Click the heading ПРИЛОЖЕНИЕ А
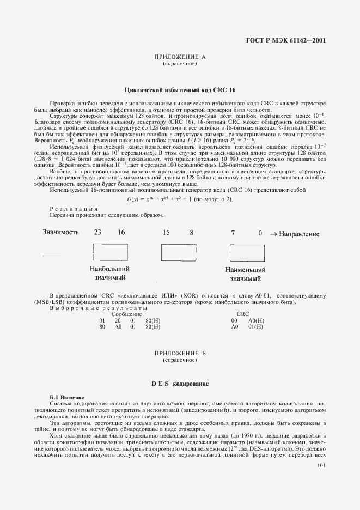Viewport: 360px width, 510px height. coord(179,57)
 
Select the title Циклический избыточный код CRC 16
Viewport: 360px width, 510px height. coord(180,89)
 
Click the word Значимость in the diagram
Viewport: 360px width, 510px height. coord(61,233)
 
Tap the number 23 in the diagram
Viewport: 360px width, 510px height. coord(97,233)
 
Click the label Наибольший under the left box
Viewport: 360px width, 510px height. coord(109,269)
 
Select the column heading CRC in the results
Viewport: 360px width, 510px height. coord(243,314)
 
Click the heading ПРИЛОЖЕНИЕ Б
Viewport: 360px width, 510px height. coord(179,354)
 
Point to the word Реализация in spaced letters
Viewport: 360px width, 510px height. coord(74,209)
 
